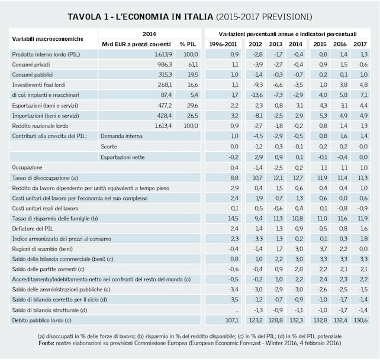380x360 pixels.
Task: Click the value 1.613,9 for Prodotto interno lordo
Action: coord(151,54)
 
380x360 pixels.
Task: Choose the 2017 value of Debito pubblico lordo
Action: coord(360,320)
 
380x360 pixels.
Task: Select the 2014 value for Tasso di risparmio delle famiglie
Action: coord(297,218)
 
